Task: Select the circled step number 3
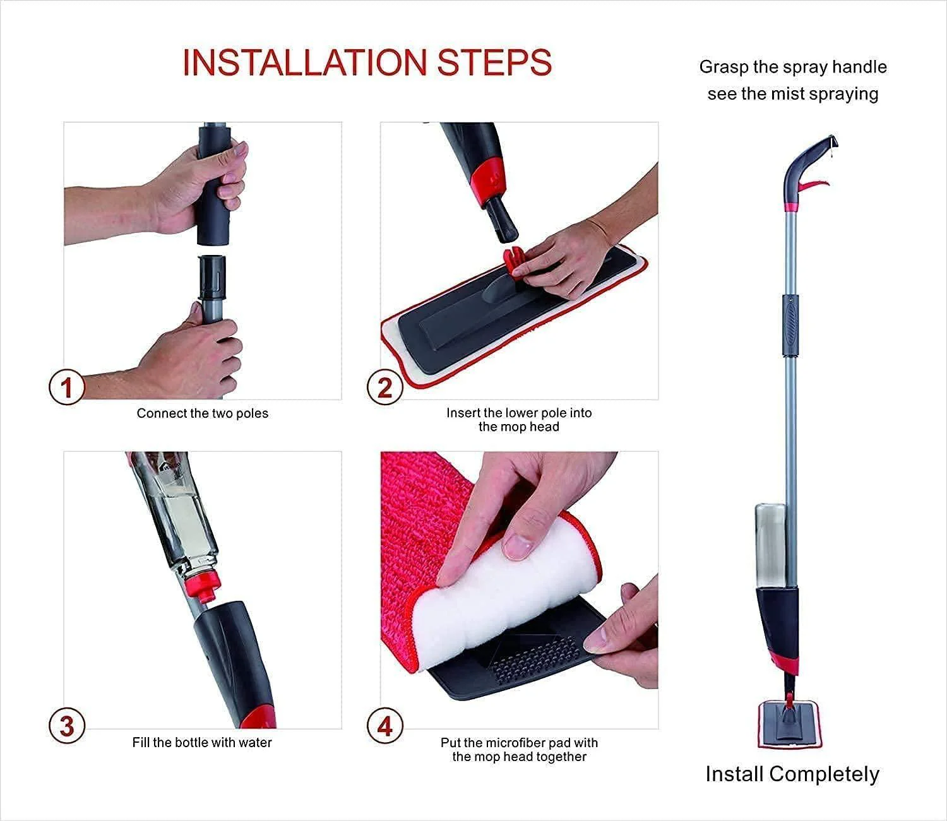click(66, 726)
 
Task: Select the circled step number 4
click(384, 726)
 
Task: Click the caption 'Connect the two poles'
click(203, 413)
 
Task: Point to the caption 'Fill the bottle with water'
click(202, 742)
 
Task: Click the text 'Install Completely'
click(792, 774)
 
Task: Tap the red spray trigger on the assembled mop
click(814, 184)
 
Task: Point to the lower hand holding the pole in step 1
click(189, 347)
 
